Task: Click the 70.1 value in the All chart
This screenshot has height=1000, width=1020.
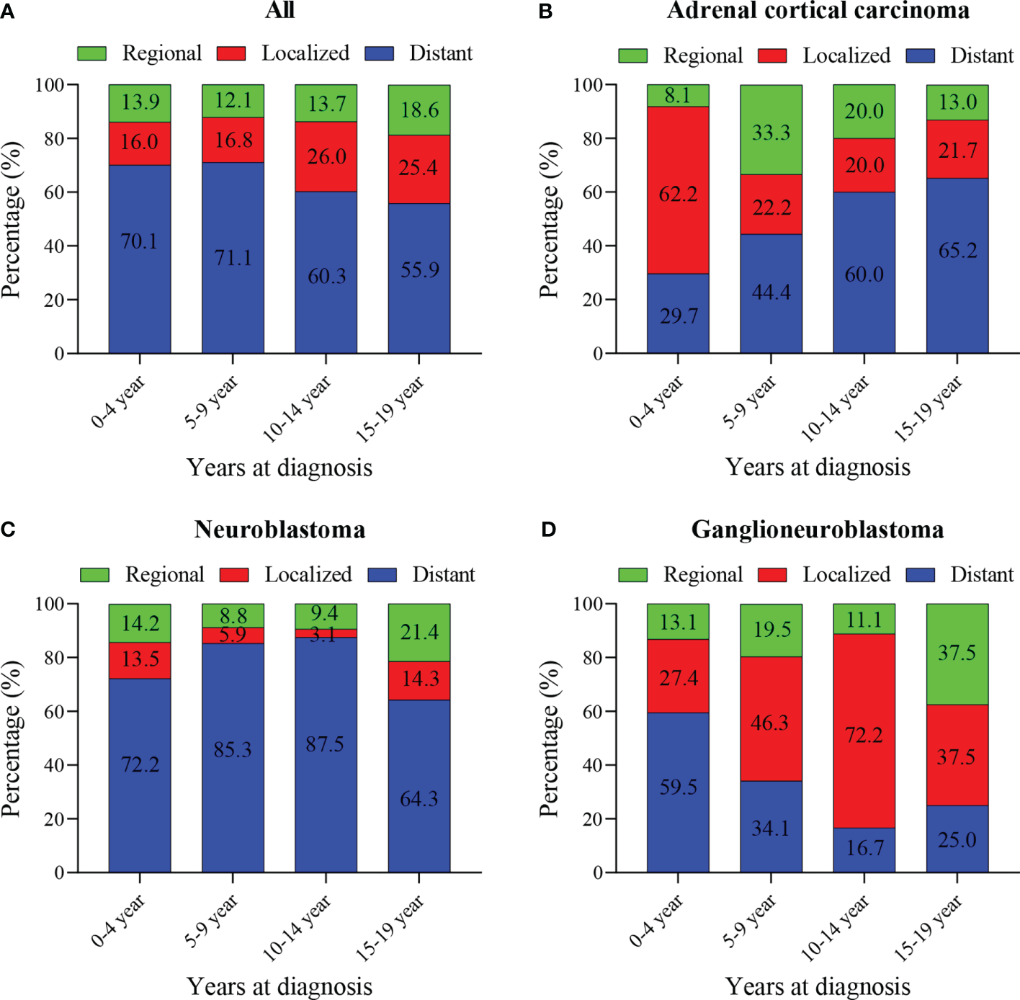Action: [x=139, y=241]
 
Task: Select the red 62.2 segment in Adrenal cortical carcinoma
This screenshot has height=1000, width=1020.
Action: [x=678, y=193]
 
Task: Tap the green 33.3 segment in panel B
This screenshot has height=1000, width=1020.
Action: [x=771, y=131]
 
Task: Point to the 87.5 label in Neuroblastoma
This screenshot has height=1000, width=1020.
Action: [x=325, y=744]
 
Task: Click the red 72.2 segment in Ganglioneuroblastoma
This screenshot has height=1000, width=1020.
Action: [x=864, y=734]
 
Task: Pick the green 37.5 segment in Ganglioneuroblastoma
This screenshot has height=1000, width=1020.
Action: [x=957, y=653]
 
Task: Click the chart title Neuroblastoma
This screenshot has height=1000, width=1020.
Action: [x=279, y=530]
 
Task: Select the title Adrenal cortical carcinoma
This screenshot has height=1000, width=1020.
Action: [x=818, y=11]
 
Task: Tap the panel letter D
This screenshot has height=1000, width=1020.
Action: [x=548, y=530]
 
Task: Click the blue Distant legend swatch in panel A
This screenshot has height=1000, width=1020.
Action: [x=380, y=53]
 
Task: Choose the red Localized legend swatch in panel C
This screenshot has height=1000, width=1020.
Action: [x=234, y=574]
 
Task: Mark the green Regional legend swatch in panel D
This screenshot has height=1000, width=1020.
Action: [x=632, y=574]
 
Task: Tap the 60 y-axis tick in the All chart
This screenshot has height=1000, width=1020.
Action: [x=55, y=192]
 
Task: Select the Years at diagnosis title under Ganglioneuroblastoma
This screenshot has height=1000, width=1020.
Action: [x=818, y=986]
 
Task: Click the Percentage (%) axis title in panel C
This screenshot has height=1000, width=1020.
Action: [x=12, y=738]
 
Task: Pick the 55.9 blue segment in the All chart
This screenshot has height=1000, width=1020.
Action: [x=419, y=270]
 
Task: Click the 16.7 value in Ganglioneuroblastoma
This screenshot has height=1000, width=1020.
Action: [x=864, y=847]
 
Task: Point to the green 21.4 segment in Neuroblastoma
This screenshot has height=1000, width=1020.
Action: [x=419, y=632]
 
